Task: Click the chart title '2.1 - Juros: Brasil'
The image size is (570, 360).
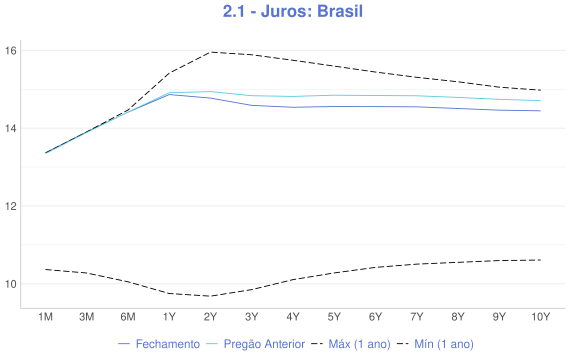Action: (x=286, y=13)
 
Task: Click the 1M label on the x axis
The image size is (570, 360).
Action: (x=45, y=317)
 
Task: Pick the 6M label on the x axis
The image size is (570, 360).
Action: (x=128, y=317)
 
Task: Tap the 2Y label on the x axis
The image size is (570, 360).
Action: (x=210, y=317)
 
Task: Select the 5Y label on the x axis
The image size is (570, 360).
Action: (x=334, y=317)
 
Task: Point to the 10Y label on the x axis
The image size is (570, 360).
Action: (x=540, y=317)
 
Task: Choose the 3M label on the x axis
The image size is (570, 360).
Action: (x=86, y=317)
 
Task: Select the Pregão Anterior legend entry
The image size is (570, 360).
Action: (x=256, y=344)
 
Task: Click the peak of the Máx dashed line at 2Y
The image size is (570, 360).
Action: (x=210, y=52)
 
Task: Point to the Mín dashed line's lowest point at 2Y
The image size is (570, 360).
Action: (x=210, y=296)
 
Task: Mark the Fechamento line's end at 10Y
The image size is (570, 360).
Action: (x=540, y=111)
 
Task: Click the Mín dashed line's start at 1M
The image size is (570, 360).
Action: (x=45, y=269)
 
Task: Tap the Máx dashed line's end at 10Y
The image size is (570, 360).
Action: (x=540, y=90)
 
